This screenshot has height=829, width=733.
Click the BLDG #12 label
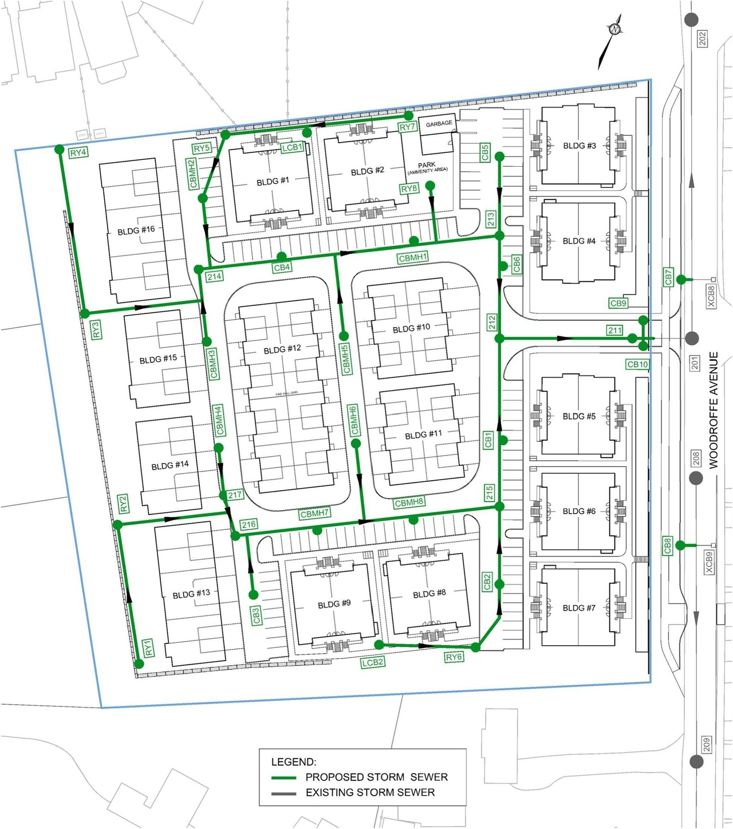tap(282, 349)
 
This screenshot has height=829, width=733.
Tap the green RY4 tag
tap(78, 153)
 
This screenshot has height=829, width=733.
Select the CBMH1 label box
tap(413, 258)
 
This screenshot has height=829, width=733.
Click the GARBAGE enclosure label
tap(439, 123)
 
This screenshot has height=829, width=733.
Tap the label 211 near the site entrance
tap(614, 330)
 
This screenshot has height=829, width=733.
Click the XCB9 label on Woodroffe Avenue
tap(709, 562)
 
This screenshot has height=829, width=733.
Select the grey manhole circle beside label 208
tap(696, 478)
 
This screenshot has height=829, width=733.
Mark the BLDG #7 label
tap(579, 608)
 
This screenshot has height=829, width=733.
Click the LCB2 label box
tap(372, 662)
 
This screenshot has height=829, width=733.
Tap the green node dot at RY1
tap(139, 664)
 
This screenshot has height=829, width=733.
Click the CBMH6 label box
tap(354, 420)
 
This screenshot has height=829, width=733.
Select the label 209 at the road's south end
tap(706, 744)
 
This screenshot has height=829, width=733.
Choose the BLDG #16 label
tap(136, 231)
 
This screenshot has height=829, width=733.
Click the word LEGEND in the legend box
tap(293, 762)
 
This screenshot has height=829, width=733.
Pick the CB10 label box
tap(637, 364)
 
